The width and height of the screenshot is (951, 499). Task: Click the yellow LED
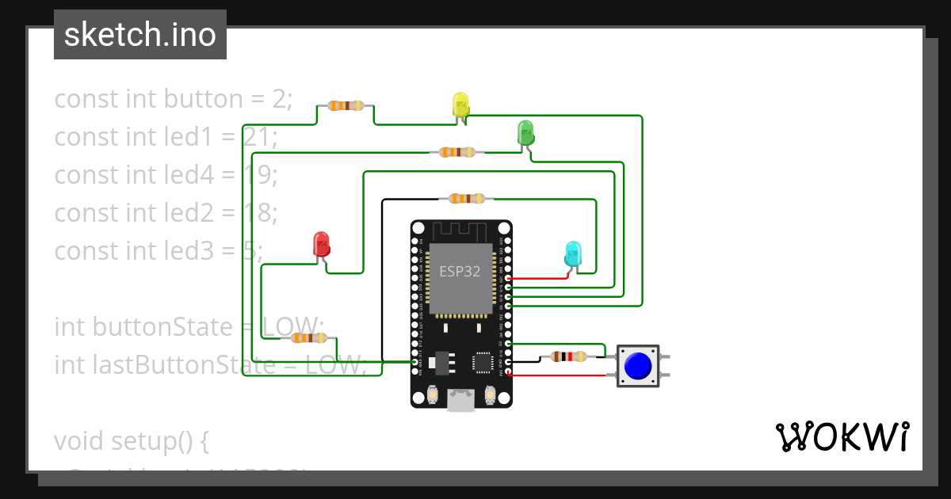(x=460, y=105)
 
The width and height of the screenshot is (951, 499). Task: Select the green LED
(x=525, y=131)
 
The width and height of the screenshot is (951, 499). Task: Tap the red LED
(x=321, y=243)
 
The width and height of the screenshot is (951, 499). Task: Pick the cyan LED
(x=572, y=253)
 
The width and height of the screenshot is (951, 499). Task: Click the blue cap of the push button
(x=638, y=365)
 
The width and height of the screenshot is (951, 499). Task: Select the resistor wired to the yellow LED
(x=346, y=105)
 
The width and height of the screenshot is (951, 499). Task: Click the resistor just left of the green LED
(x=457, y=152)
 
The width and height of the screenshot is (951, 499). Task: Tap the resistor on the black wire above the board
(x=467, y=199)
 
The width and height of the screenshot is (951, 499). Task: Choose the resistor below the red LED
(x=307, y=338)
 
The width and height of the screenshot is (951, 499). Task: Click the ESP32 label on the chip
(x=460, y=271)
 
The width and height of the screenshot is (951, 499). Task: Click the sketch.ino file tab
(x=140, y=35)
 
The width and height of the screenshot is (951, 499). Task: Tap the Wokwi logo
(x=841, y=437)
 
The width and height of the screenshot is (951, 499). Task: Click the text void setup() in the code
(x=131, y=440)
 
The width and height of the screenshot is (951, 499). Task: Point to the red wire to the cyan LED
(x=539, y=279)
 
